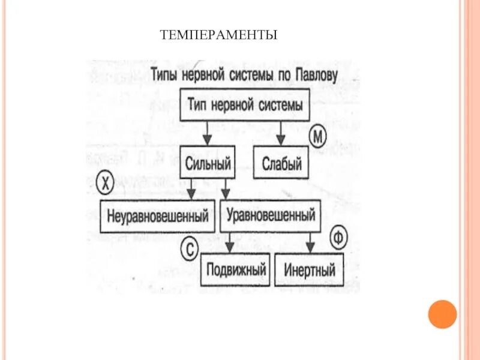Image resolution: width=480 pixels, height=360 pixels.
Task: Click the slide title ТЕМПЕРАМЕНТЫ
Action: pos(218,35)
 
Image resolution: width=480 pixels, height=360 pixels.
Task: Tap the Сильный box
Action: pos(208,161)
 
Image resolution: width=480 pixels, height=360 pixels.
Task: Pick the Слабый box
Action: pos(281,162)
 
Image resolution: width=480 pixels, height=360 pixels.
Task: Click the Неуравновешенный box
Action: pos(158,216)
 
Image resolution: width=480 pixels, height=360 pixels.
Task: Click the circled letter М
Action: pos(318,137)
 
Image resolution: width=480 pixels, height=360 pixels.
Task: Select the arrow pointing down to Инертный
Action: pos(310,242)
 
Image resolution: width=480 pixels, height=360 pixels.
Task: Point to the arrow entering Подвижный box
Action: pos(230,242)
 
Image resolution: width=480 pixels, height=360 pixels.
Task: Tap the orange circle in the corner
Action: pos(443,314)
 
